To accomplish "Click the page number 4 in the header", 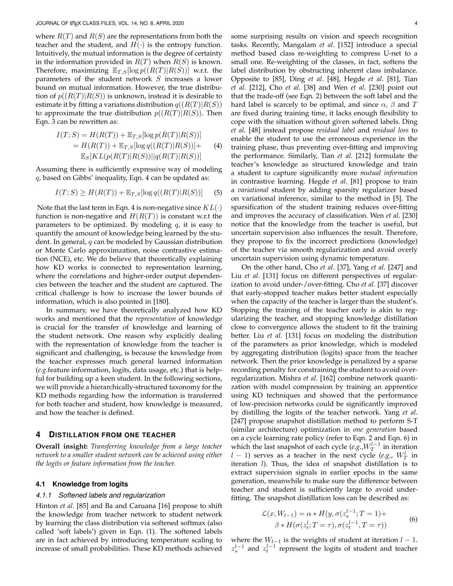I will coord(416,23).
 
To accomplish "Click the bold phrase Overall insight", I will coord(62,446).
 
